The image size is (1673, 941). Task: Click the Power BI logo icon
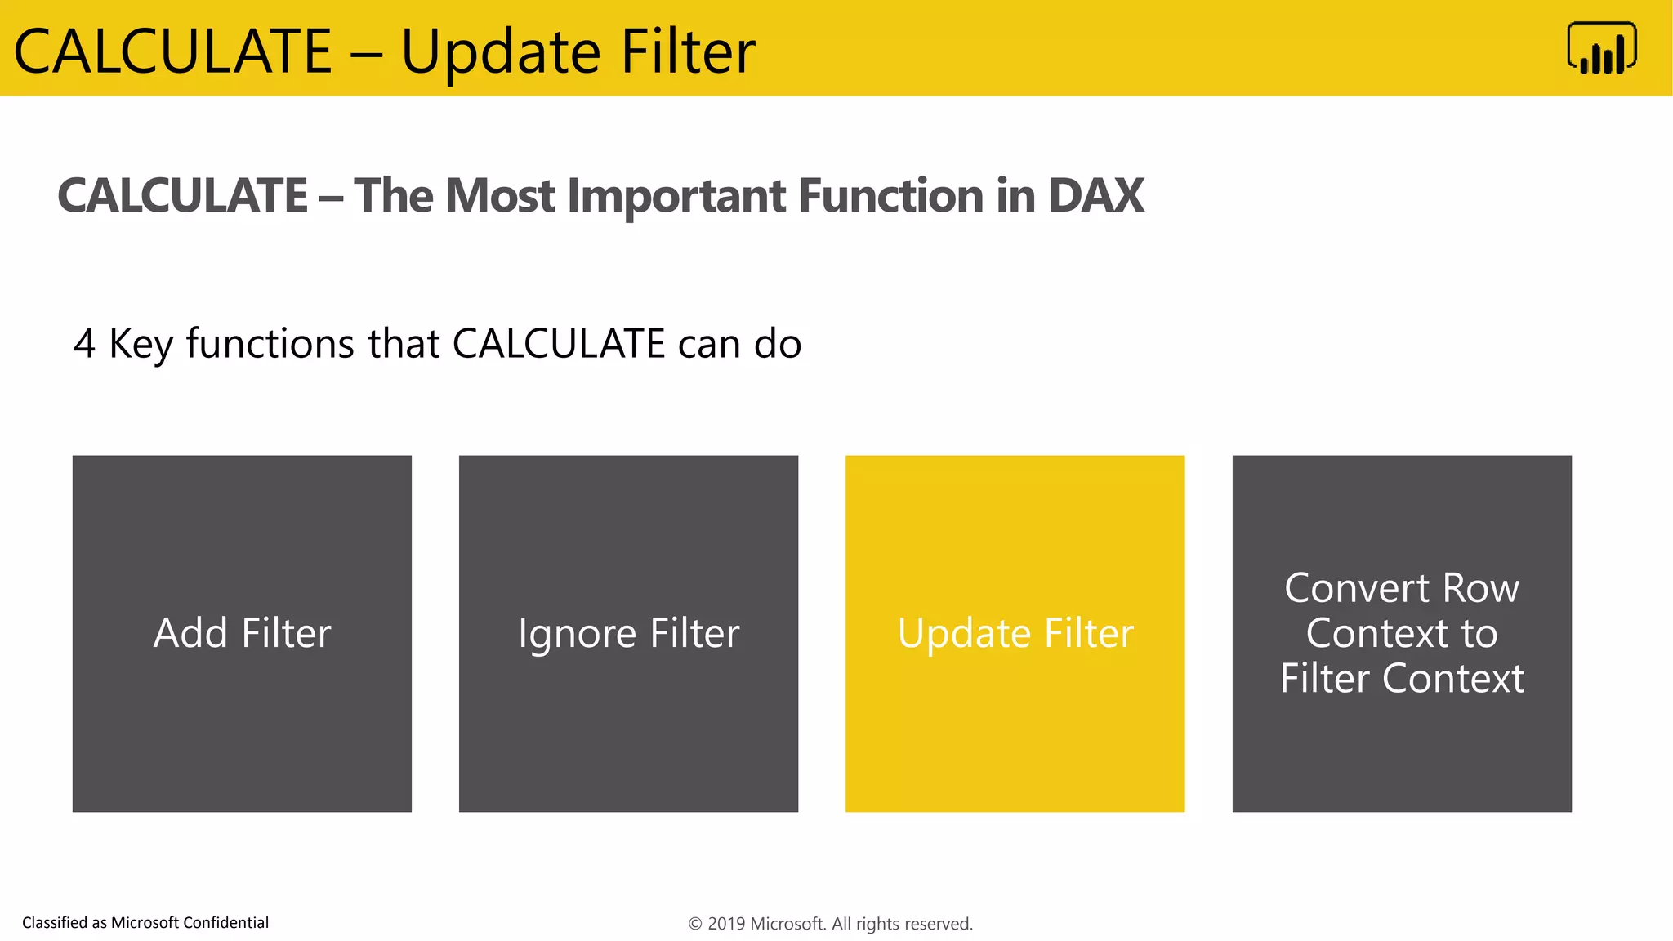coord(1601,49)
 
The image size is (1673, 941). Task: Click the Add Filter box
coord(242,633)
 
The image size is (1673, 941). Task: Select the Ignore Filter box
coord(628,633)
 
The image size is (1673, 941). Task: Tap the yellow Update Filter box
coord(1015,633)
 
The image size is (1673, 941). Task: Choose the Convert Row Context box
coord(1402,633)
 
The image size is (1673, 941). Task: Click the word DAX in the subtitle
coord(1095,196)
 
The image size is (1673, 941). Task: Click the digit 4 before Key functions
coord(84,344)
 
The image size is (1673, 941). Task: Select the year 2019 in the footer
coord(726,924)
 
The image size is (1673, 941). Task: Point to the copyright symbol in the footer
coord(695,924)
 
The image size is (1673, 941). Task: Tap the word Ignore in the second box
coord(577,634)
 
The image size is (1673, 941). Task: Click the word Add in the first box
coord(190,633)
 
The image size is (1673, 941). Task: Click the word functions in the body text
coord(270,344)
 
